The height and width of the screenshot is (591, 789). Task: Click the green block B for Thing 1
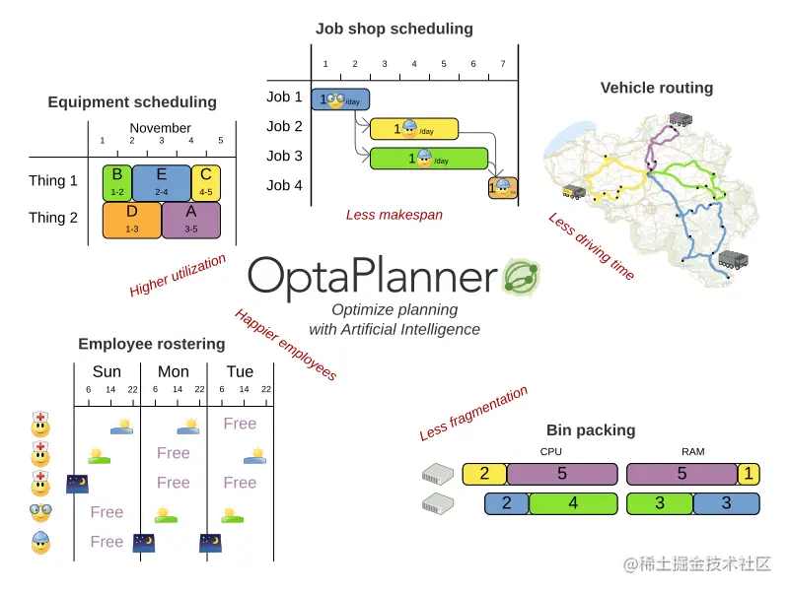[x=116, y=182]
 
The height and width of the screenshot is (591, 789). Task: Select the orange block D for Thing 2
[x=132, y=219]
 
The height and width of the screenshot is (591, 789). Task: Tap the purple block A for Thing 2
[x=190, y=219]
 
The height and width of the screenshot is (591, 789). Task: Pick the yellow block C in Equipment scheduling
[x=206, y=182]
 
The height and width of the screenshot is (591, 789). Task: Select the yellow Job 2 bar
[x=413, y=128]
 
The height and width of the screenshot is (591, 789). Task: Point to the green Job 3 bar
[x=428, y=158]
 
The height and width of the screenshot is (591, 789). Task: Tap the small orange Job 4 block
[x=502, y=186]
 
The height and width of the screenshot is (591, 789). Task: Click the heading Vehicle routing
[x=656, y=88]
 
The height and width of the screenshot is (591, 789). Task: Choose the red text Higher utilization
[x=178, y=276]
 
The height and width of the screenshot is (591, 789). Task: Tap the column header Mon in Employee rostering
[x=173, y=371]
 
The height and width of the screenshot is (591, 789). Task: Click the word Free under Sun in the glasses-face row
[x=107, y=512]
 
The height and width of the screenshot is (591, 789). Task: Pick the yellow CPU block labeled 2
[x=484, y=474]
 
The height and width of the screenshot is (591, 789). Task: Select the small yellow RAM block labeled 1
[x=749, y=474]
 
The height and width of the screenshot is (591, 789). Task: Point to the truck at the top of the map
[x=681, y=120]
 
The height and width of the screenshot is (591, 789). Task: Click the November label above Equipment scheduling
[x=160, y=128]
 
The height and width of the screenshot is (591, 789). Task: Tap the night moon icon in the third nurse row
[x=77, y=483]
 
